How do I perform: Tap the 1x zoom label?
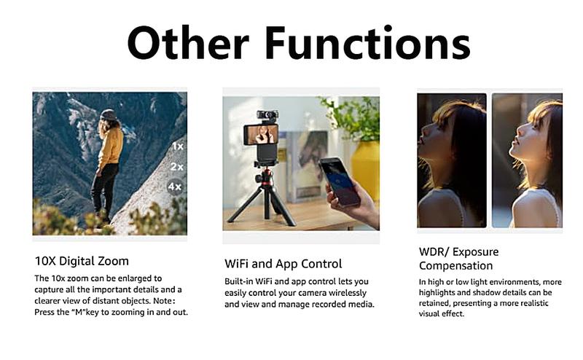(178, 146)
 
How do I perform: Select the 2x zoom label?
(176, 167)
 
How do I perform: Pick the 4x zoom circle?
(175, 187)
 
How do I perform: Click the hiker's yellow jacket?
(111, 146)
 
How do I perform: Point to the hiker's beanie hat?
(108, 114)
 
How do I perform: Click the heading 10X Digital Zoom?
(82, 261)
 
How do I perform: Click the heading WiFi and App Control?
(283, 264)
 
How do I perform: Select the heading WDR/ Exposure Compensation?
(459, 259)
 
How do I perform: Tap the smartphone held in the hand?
(340, 181)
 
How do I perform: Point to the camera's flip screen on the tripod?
(262, 134)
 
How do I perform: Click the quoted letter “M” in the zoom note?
(78, 312)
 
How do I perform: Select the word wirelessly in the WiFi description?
(348, 293)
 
